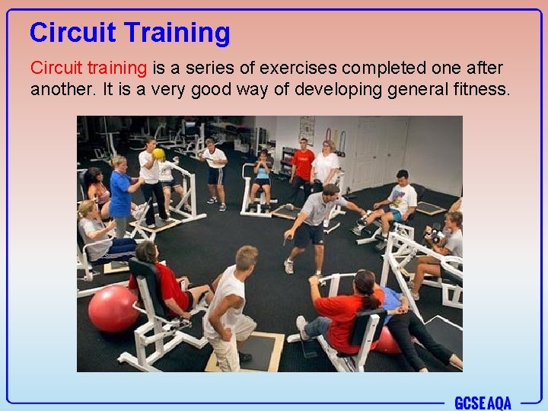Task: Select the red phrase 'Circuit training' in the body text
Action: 88,68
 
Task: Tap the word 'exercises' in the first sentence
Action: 276,68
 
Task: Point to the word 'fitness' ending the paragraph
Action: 484,89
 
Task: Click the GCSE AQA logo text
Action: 483,403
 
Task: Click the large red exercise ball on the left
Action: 113,309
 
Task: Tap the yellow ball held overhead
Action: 158,154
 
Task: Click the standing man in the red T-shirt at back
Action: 303,164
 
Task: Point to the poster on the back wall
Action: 307,129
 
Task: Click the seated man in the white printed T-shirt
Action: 397,202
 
